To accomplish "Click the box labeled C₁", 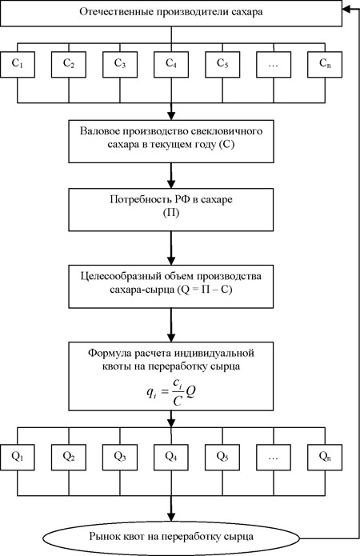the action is pos(18,64).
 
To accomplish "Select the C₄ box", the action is pos(171,64).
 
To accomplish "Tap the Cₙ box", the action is pos(325,64).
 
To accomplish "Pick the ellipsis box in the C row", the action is pos(274,64).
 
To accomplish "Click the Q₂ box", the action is pos(69,458).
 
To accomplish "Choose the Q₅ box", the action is pos(222,458).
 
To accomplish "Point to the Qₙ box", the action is pos(325,458).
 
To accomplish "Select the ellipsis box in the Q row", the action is pos(274,458).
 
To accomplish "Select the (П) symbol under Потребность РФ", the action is pos(171,214).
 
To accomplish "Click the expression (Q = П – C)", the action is pos(205,290).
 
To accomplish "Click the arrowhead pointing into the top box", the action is pos(346,10).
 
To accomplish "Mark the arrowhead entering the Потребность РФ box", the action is pos(171,184).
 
